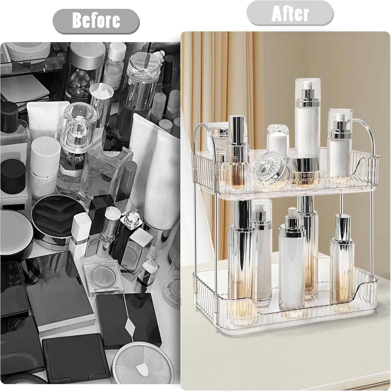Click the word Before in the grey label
pos(96,21)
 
